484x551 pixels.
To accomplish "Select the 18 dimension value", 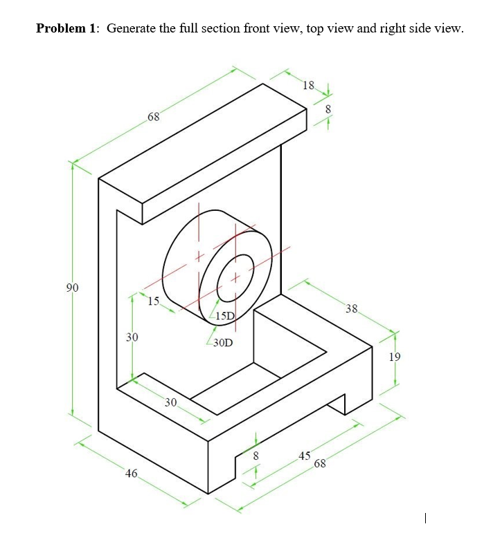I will click(x=308, y=86).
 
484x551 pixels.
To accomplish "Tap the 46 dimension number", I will click(x=131, y=474).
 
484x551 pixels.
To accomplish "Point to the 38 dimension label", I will click(x=352, y=309).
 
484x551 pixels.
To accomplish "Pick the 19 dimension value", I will click(x=395, y=357).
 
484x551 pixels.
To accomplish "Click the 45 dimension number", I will click(x=304, y=455).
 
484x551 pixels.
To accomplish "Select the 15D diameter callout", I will click(x=226, y=316).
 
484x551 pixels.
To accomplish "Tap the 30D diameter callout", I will click(x=223, y=342).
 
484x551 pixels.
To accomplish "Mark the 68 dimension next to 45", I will click(x=320, y=463).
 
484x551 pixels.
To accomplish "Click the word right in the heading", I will click(x=395, y=28).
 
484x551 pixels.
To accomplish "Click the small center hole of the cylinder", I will click(x=234, y=278).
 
